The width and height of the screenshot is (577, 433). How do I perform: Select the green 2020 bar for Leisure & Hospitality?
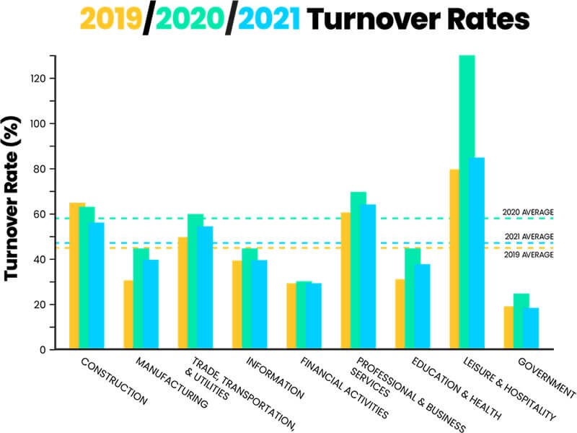tap(467, 202)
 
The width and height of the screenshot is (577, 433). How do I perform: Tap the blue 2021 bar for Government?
tap(532, 328)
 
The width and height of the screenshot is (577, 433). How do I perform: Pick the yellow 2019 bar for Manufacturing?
tap(128, 315)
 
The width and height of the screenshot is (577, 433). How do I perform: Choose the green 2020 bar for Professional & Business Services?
tap(358, 271)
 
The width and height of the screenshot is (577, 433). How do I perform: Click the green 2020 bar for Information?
tap(250, 299)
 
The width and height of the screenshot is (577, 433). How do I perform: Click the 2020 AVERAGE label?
tap(528, 213)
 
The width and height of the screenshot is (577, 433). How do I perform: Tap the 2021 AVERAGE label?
tap(528, 237)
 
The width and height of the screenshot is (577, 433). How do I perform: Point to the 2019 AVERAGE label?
tap(528, 255)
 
